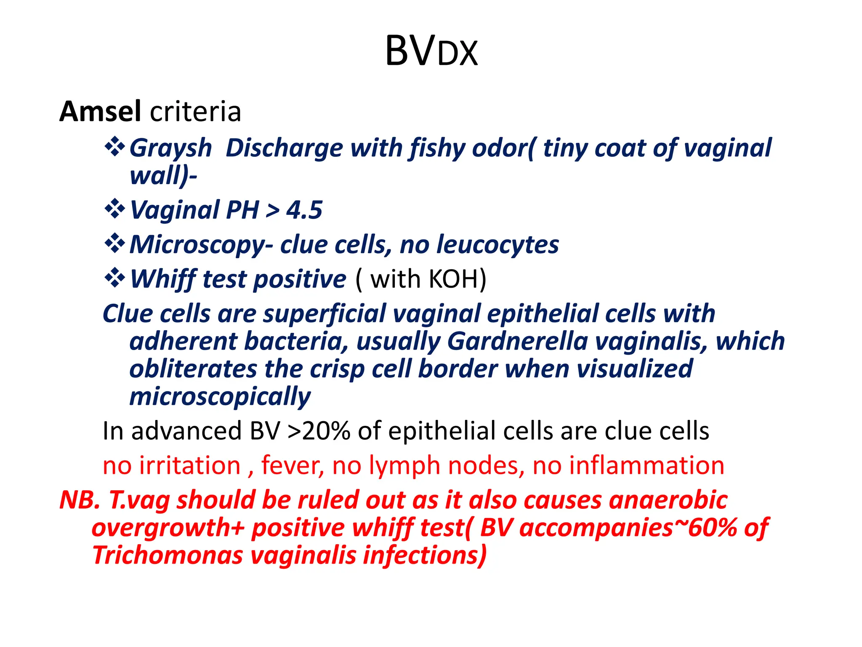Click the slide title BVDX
tap(431, 51)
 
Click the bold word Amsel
tap(100, 112)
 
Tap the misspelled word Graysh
tap(170, 148)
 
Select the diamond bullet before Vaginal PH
tap(114, 209)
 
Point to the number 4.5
tap(304, 210)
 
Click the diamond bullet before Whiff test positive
tap(114, 278)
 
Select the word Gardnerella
tap(517, 341)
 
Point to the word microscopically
tap(220, 397)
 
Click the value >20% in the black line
tap(319, 431)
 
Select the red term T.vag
tap(139, 500)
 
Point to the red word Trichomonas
tap(168, 555)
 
